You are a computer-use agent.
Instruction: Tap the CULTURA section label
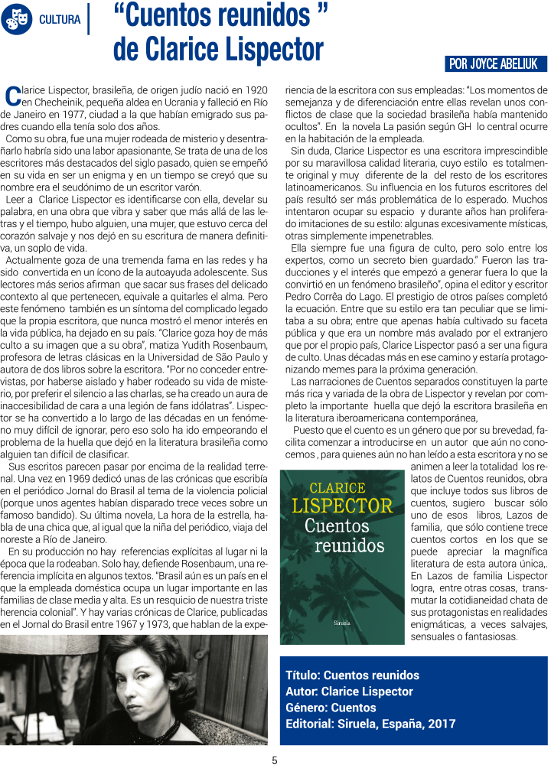(x=60, y=19)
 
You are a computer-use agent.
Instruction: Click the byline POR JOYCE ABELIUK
(x=495, y=64)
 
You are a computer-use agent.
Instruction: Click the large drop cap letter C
(x=13, y=96)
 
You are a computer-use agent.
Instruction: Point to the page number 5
(x=275, y=760)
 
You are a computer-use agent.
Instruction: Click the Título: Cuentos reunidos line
(x=352, y=675)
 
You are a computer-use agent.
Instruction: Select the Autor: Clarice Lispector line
(x=349, y=692)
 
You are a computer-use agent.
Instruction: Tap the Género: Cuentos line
(x=331, y=708)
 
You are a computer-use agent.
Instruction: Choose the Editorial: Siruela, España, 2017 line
(x=370, y=724)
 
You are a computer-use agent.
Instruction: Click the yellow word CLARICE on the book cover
(x=337, y=487)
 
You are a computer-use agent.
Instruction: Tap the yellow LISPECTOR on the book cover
(x=342, y=506)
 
